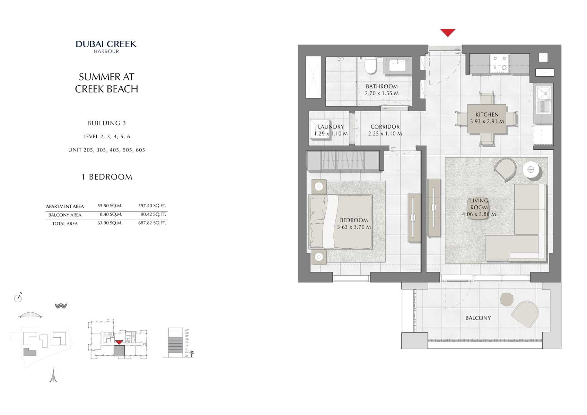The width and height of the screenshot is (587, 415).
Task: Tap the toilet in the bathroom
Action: coord(370,66)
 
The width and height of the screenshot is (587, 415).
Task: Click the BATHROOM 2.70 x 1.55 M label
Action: coord(382,90)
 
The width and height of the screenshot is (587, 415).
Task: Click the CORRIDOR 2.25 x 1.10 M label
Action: coord(385,130)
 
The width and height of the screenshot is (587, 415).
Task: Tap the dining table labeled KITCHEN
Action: coord(487,118)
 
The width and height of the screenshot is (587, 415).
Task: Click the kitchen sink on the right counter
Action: coord(543,101)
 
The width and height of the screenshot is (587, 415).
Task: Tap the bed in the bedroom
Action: coord(341,222)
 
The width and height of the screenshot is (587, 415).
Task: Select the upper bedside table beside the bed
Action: coord(319,187)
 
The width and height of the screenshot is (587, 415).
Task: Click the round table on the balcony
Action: coord(507,299)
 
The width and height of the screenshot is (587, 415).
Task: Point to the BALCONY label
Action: coord(478,318)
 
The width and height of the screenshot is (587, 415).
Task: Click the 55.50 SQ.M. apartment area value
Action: coord(110,206)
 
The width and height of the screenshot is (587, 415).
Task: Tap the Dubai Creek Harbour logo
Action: coord(106,46)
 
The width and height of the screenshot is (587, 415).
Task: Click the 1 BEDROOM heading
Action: coord(107,177)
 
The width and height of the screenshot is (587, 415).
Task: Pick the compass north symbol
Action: coord(18,298)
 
